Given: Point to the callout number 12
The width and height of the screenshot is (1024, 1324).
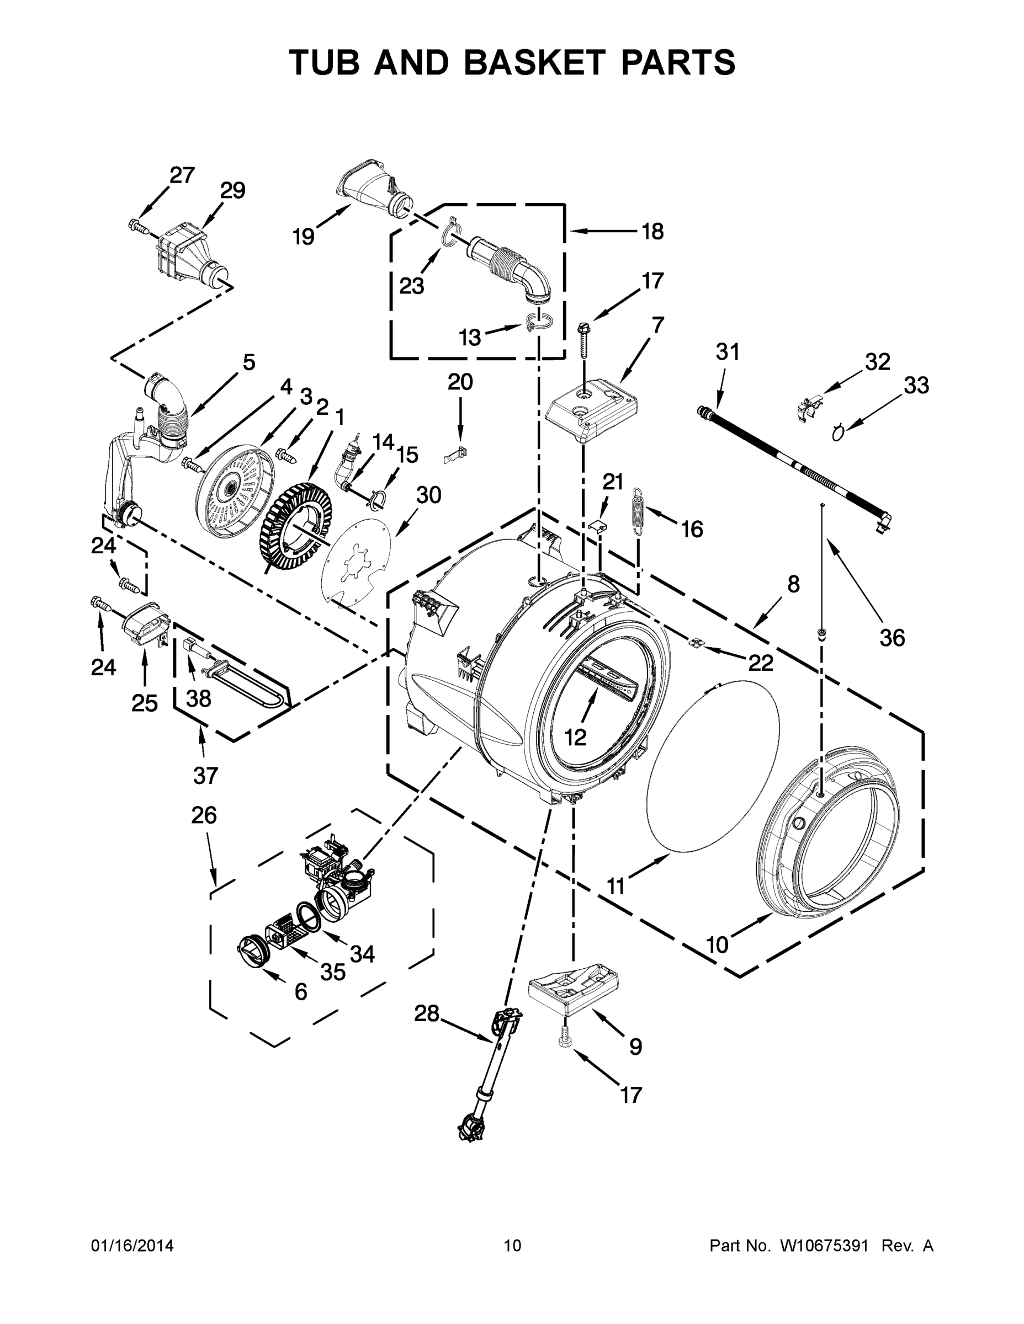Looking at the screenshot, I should (575, 736).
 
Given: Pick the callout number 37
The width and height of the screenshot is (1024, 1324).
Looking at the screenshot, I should (205, 775).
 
